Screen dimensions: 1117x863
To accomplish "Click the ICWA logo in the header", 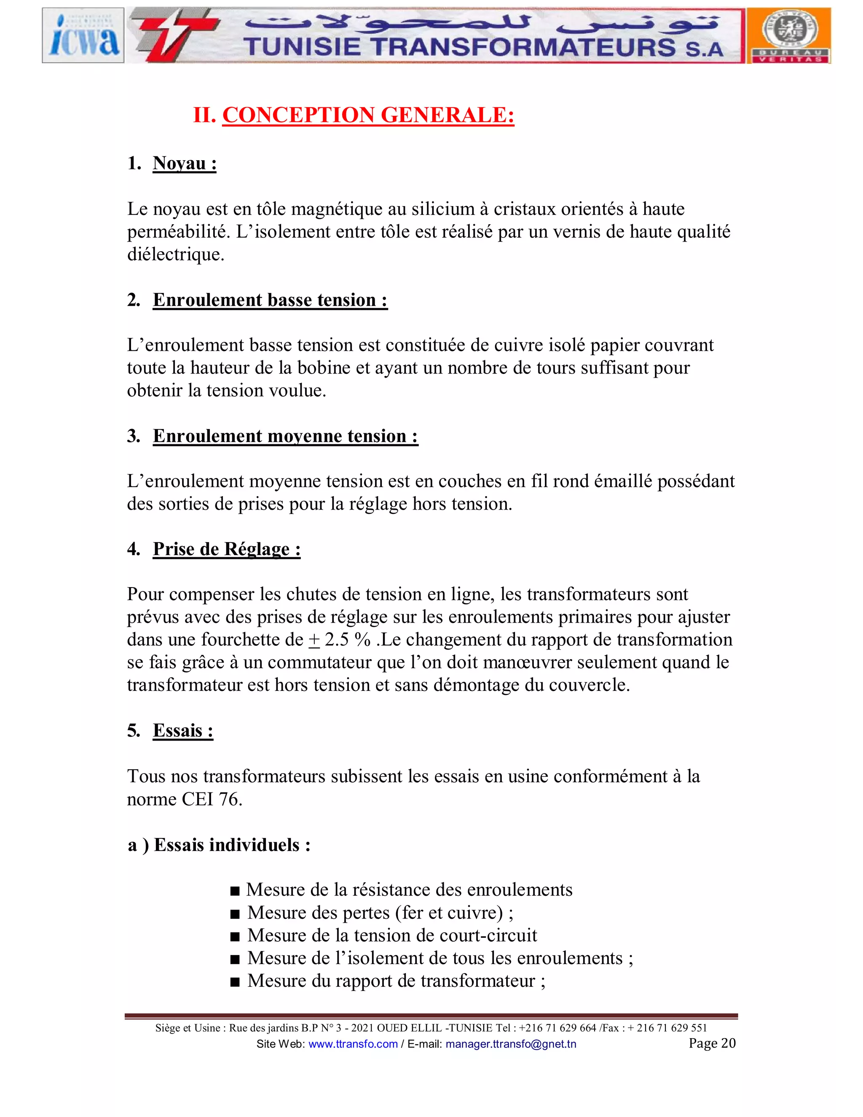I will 83,35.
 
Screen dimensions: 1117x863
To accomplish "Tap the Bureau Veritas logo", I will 788,35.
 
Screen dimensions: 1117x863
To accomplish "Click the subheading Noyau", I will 184,164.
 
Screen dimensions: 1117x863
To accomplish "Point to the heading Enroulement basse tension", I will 270,300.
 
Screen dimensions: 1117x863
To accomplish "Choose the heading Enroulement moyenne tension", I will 285,436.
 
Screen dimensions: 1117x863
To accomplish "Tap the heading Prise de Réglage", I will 226,549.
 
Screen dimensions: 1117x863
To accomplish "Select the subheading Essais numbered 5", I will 182,731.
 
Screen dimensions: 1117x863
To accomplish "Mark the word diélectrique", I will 175,255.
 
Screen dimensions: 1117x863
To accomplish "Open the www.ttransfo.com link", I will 353,1044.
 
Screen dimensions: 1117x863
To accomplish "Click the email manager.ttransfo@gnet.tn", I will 510,1044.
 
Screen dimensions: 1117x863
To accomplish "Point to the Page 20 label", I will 712,1043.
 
